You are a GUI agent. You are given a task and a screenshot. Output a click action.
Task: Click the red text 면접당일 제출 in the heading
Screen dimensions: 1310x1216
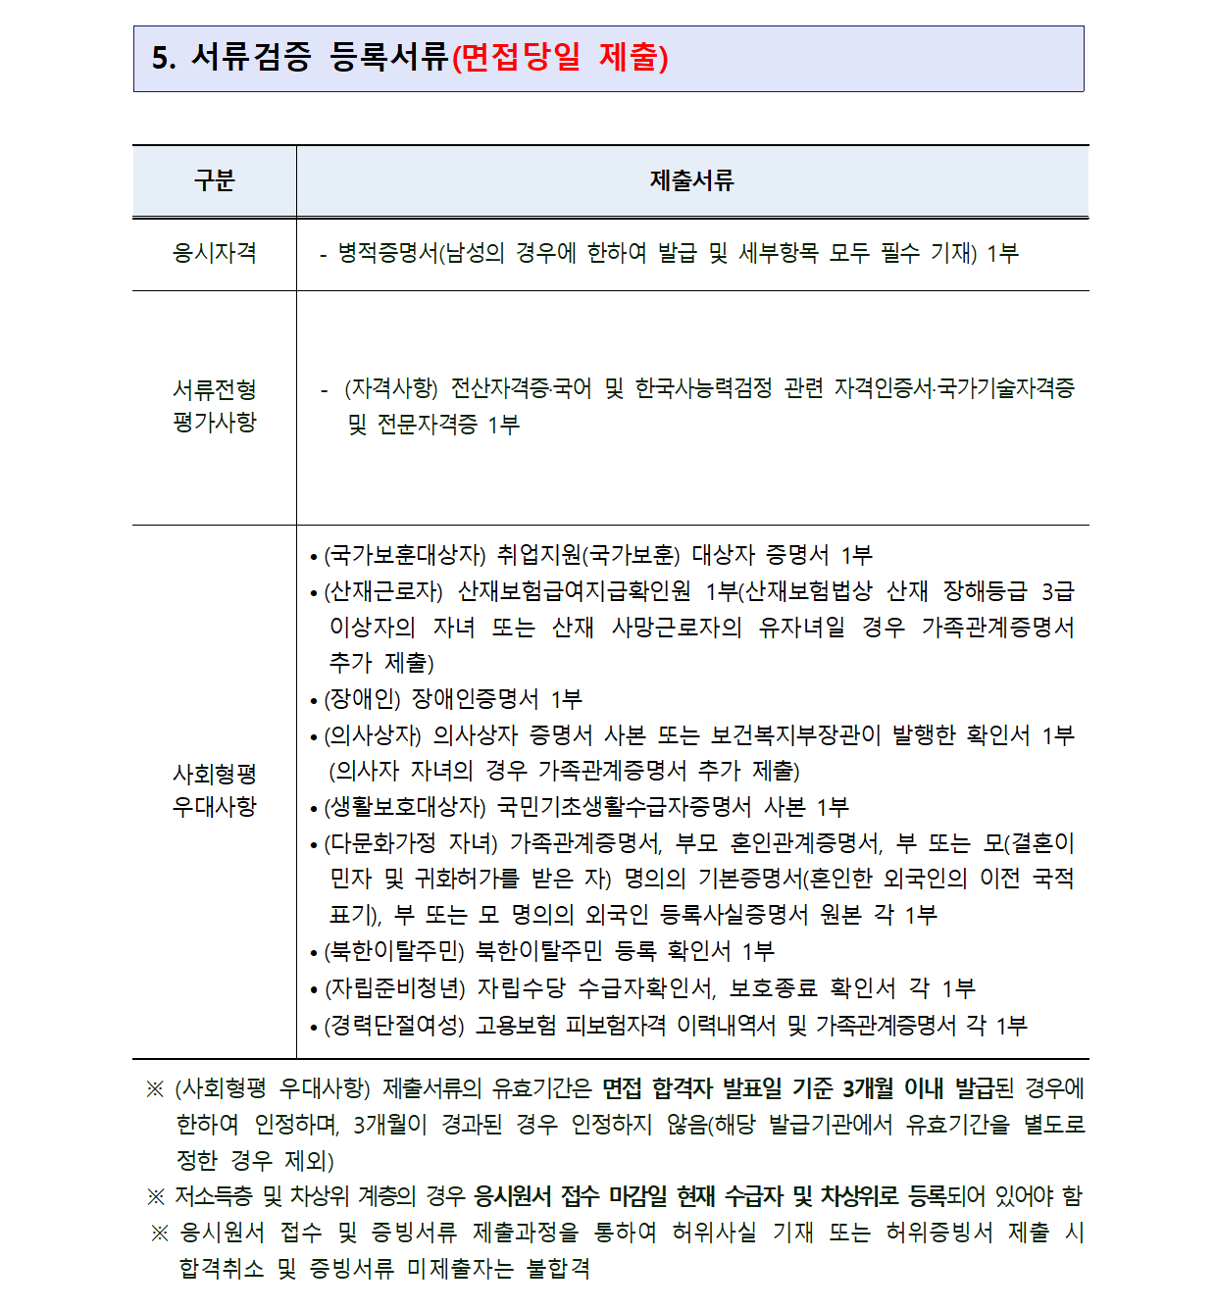point(561,57)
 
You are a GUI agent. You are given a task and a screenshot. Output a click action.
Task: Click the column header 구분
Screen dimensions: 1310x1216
point(214,180)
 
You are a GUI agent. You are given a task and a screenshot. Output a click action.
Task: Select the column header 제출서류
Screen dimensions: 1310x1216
point(691,180)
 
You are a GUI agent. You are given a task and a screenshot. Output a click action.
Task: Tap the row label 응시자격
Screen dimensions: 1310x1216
point(214,253)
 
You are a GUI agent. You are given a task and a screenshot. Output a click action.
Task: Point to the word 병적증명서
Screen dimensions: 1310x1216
point(387,253)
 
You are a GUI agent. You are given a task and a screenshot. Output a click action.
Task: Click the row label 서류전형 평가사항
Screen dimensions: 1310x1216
point(214,406)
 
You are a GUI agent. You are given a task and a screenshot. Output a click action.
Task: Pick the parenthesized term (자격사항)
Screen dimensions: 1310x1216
point(391,388)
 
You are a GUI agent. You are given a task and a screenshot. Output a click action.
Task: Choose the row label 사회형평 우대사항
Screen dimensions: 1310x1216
point(214,790)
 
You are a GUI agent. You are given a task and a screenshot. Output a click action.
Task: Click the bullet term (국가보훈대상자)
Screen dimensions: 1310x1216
point(405,555)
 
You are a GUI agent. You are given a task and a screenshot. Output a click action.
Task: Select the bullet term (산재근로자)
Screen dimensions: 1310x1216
point(383,591)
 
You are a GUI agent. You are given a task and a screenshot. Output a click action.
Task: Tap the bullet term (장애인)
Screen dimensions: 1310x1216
point(362,699)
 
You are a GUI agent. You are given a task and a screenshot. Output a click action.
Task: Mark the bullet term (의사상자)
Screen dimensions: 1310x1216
point(373,735)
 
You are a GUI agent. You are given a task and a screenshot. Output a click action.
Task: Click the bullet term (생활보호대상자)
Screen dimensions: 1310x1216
point(405,807)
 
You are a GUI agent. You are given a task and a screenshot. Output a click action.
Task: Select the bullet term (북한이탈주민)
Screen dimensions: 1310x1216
point(394,951)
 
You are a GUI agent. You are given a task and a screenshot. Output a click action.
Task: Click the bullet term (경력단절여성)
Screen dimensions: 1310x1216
point(394,1026)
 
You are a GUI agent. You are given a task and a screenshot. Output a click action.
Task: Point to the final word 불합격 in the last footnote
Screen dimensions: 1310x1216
point(559,1269)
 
